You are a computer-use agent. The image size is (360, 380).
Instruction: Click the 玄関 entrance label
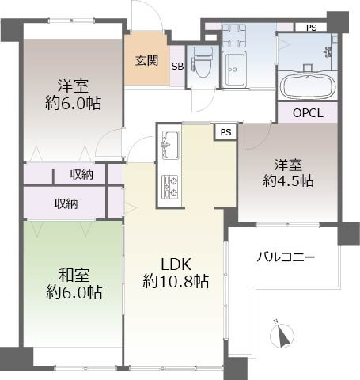[145, 60]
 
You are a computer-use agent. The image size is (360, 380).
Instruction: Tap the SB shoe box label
[178, 66]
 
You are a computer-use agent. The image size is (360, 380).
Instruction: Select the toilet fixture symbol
[203, 62]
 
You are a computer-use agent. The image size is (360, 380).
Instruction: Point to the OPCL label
[308, 112]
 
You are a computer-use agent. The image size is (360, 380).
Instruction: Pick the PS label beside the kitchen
[226, 132]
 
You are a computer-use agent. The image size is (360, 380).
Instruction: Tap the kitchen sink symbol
[170, 146]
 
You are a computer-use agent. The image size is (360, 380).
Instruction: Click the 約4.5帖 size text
[289, 181]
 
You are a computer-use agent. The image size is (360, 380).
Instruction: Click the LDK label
[175, 264]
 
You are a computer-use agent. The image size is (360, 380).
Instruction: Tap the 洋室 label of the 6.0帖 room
[73, 85]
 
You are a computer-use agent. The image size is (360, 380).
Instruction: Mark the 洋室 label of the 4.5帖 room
[289, 165]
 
